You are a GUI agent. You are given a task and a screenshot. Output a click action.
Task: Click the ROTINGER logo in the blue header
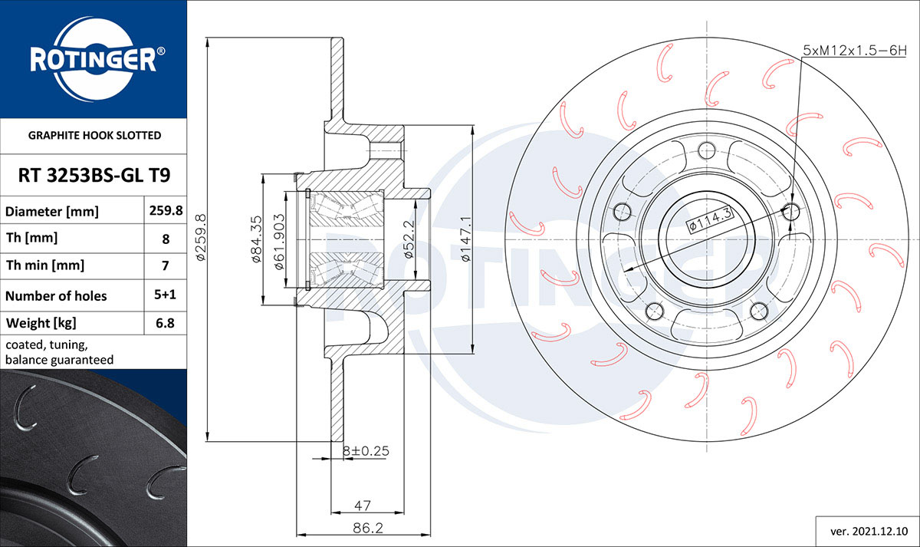(x=94, y=59)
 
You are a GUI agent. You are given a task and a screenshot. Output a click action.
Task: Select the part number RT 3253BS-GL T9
(x=94, y=176)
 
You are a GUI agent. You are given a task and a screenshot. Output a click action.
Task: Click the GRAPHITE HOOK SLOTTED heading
(x=94, y=136)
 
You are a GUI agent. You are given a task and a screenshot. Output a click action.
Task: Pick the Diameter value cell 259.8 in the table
(x=166, y=211)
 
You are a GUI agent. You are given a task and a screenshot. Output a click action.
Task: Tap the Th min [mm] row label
(x=45, y=266)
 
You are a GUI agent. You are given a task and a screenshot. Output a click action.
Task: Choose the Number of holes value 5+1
(x=166, y=295)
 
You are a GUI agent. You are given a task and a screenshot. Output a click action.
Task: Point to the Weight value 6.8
(x=166, y=323)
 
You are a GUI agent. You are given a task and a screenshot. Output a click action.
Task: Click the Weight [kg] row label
(x=41, y=323)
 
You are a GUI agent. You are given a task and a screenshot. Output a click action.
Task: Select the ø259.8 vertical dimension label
(x=201, y=237)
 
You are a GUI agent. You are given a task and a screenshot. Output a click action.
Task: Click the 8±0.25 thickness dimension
(x=366, y=451)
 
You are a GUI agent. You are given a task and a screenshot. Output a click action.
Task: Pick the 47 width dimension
(x=363, y=506)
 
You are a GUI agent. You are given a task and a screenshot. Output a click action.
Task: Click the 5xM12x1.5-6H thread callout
(x=854, y=50)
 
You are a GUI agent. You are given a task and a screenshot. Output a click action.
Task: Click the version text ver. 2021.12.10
(x=869, y=530)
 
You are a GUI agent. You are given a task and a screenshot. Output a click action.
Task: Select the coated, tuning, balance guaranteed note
(x=60, y=352)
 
